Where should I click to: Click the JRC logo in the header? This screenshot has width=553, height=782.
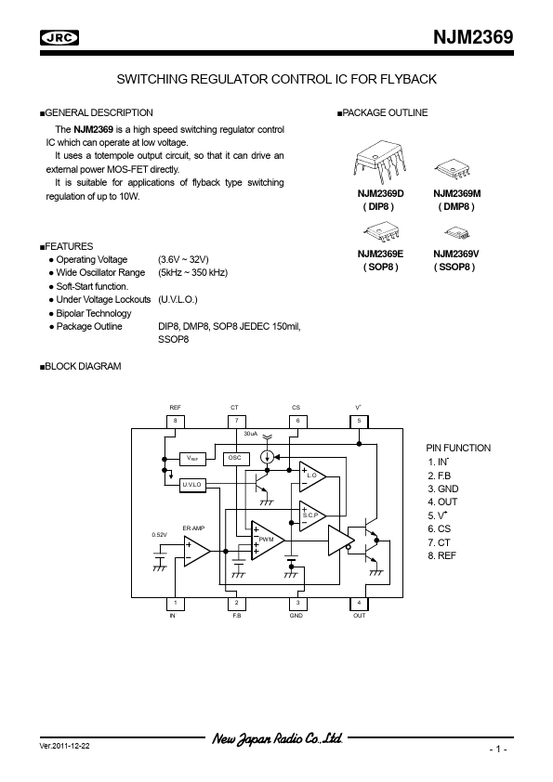coord(59,38)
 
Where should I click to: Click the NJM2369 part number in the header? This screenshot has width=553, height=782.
coord(473,37)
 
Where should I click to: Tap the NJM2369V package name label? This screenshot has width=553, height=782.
coord(456,254)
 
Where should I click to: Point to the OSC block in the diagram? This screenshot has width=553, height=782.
coord(235,458)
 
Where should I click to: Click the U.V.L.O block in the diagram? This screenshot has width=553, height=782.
coord(192,485)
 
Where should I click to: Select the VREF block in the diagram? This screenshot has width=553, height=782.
coord(192,458)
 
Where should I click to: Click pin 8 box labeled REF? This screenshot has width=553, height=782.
coord(175,422)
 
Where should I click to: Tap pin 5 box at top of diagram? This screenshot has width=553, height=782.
coord(359,422)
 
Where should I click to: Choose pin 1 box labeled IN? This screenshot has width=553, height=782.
coord(175,604)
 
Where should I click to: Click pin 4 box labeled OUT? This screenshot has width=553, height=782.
coord(359,604)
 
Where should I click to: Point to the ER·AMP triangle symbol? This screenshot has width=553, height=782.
coord(196,551)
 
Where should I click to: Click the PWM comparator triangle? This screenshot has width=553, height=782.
coord(267,541)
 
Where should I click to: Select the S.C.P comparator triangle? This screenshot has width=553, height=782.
coord(311,515)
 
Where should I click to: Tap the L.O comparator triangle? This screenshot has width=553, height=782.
coord(311,476)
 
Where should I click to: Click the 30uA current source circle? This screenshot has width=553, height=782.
coord(268,456)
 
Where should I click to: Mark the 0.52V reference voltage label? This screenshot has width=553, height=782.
coord(159,535)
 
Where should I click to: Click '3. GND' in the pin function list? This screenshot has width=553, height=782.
coord(443,489)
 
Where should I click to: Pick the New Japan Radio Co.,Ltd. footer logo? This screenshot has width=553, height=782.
coord(278,738)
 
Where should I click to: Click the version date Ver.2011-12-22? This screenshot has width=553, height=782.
coord(65,746)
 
